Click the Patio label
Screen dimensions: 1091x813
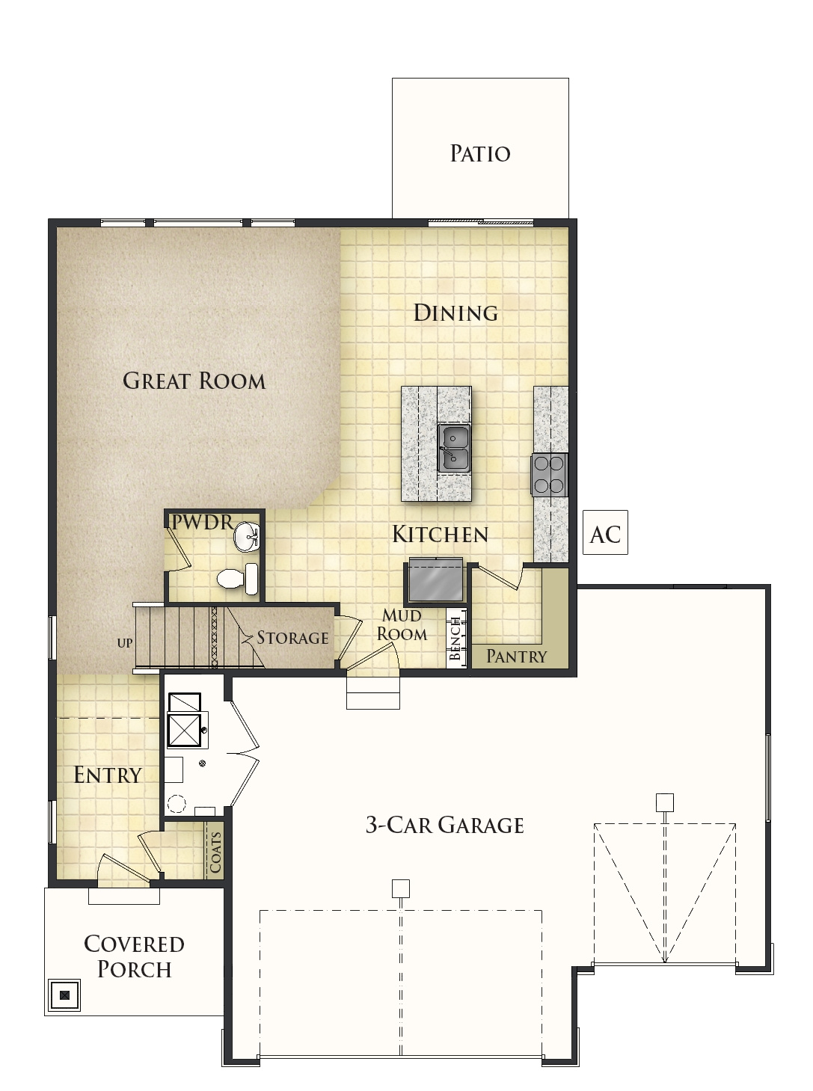[480, 153]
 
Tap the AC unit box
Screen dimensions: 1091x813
[605, 533]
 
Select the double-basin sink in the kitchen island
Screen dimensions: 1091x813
[454, 448]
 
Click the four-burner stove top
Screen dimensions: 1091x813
[549, 475]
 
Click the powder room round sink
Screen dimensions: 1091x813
[246, 536]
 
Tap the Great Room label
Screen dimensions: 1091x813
[194, 381]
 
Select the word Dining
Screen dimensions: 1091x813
[455, 313]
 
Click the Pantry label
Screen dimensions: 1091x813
[517, 657]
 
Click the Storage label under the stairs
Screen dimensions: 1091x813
[292, 638]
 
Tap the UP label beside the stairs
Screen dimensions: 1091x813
[125, 643]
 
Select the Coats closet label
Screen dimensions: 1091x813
[215, 852]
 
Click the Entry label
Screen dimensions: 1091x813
[108, 775]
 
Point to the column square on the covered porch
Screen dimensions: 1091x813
[64, 995]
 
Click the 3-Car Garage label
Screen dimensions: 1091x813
[444, 825]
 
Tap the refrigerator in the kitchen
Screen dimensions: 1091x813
[435, 582]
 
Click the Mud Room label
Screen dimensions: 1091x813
[402, 624]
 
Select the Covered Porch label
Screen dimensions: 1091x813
[134, 956]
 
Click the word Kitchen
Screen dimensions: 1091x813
[440, 534]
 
